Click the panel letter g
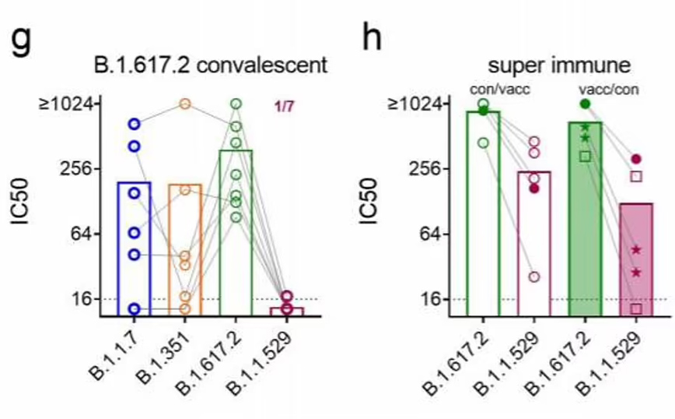point(22,37)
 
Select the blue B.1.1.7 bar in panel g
point(134,249)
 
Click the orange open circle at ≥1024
point(185,104)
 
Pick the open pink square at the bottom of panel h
point(636,308)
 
